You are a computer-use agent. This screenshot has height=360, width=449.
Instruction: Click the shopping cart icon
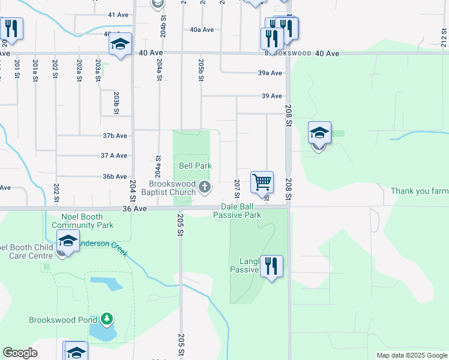point(262,182)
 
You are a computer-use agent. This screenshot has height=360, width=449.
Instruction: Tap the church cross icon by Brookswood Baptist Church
point(205,187)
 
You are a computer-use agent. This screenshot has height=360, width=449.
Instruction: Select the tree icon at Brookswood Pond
point(107,319)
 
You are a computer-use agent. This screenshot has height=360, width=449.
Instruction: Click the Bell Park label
point(195,165)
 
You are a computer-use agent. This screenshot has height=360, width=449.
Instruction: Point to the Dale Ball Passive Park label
point(237,211)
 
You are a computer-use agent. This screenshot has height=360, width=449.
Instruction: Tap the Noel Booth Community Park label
point(83,221)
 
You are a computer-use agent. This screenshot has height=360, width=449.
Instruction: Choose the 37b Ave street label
point(115,136)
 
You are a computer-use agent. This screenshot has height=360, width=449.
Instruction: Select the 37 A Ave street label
point(114,155)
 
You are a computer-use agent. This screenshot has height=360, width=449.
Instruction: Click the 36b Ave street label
point(115,176)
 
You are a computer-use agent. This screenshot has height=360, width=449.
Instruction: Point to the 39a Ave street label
point(270,73)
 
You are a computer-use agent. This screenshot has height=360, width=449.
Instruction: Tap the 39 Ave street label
point(272,96)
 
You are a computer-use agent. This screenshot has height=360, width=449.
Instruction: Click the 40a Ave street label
point(202,29)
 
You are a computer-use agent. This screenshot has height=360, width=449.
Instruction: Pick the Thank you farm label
point(420,191)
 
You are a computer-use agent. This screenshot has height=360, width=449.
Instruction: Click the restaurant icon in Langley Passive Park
point(271,266)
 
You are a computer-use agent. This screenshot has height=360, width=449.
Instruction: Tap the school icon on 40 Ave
point(120,44)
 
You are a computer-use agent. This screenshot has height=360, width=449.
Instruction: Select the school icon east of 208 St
point(319,134)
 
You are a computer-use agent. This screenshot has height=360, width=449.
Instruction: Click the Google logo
point(20,353)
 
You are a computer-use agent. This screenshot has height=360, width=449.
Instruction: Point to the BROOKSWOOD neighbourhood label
point(289,53)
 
